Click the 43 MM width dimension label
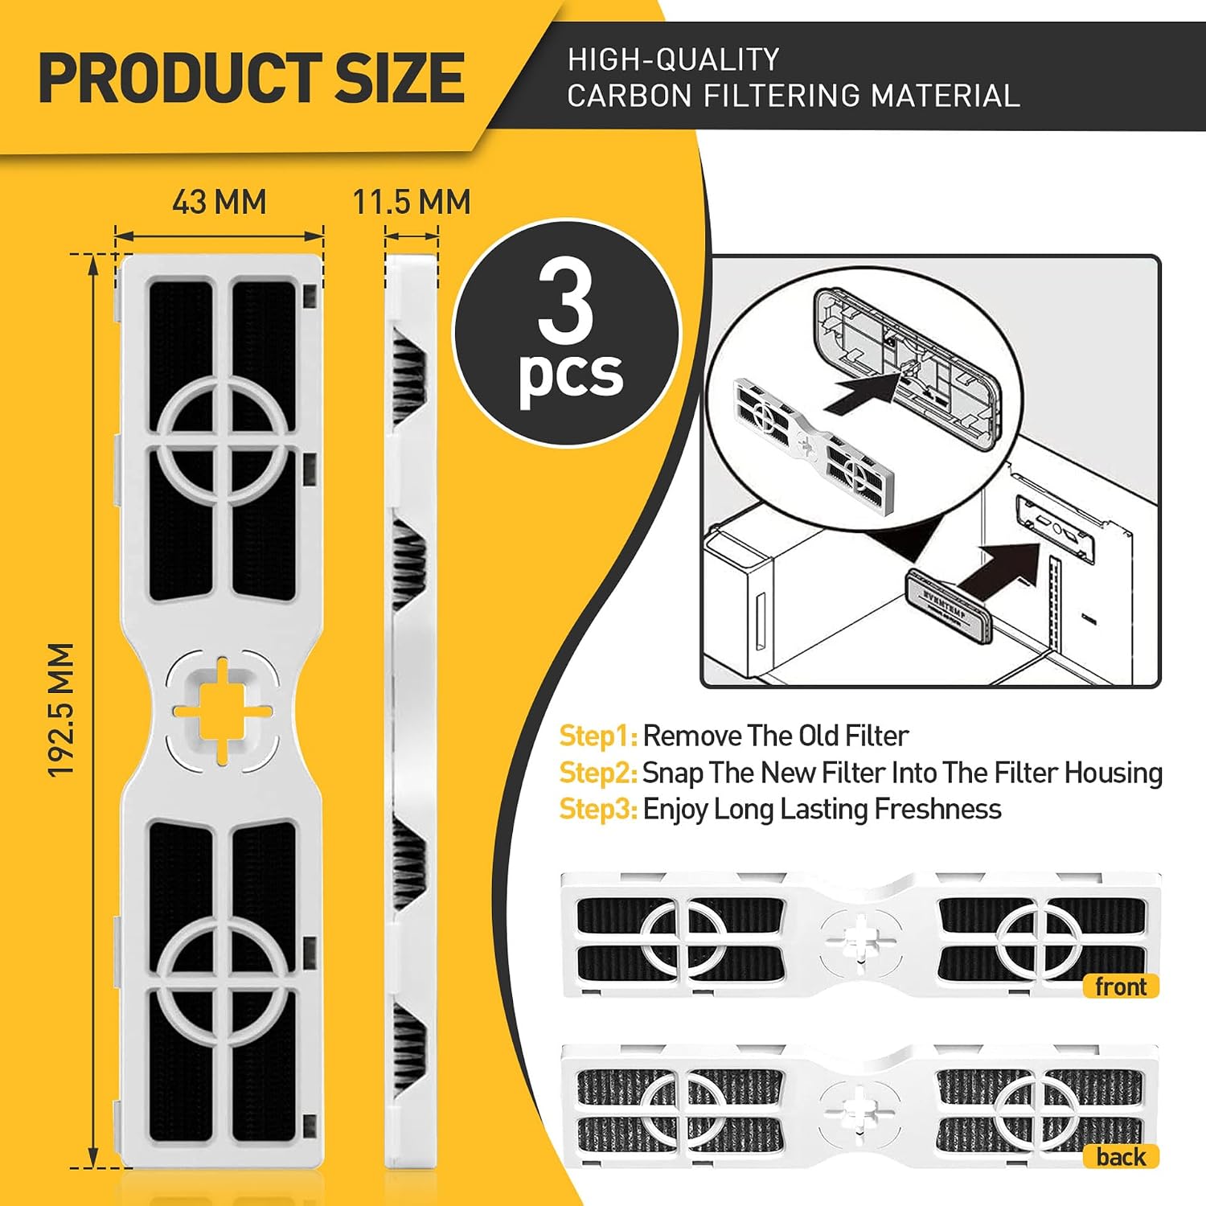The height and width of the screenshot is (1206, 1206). point(219,202)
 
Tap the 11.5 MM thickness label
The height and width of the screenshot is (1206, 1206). point(412,202)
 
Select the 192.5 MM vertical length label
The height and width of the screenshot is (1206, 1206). point(61,710)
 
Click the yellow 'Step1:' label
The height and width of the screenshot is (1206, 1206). point(598,736)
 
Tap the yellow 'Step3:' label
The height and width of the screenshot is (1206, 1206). point(599,809)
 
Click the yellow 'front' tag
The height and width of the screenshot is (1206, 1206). point(1121,987)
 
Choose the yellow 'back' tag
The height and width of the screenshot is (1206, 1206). point(1121,1157)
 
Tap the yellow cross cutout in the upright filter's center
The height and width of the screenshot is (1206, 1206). point(223,710)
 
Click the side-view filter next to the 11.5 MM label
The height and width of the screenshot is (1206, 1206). point(413,712)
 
